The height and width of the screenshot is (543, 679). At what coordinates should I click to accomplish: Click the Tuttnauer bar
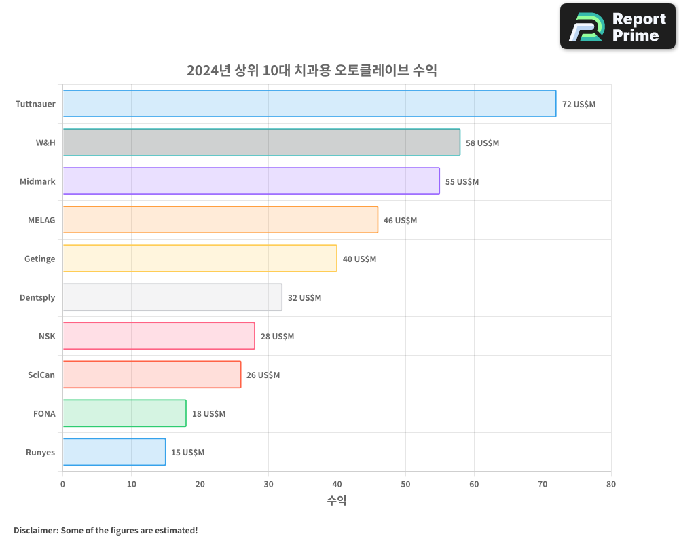coord(309,104)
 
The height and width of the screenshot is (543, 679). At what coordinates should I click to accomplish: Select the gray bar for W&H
coord(261,143)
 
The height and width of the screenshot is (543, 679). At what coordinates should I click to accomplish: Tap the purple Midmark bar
coord(251,181)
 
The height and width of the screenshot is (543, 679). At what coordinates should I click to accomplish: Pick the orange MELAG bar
coord(220,220)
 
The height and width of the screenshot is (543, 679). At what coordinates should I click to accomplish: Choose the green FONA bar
coord(124,413)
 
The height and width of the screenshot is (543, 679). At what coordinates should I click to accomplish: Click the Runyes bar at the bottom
coord(114,452)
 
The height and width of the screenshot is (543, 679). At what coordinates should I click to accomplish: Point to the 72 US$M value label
coord(579,105)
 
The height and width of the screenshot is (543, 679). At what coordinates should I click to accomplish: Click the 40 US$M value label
coord(359,259)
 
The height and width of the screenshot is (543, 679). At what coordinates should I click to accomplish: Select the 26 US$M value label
coord(263,375)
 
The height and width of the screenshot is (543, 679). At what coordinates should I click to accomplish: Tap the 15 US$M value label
coord(187,453)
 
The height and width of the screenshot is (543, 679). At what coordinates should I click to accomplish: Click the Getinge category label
coord(39,259)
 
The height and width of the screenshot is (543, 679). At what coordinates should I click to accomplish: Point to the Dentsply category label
coord(37,298)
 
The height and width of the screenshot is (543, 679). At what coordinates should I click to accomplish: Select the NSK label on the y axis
coord(47,337)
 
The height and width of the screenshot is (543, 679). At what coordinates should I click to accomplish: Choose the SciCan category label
coord(41,375)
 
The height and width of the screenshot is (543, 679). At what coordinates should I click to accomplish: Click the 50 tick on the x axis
coord(405,485)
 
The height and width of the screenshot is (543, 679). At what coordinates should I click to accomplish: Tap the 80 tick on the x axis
coord(611,485)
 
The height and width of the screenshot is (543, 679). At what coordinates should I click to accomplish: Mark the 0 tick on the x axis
coord(63,485)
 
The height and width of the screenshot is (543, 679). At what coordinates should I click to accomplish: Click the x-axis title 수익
coord(337,501)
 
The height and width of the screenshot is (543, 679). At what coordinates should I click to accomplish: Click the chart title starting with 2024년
coord(312,71)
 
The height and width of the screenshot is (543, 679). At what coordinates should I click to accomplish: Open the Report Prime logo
coord(617,26)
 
